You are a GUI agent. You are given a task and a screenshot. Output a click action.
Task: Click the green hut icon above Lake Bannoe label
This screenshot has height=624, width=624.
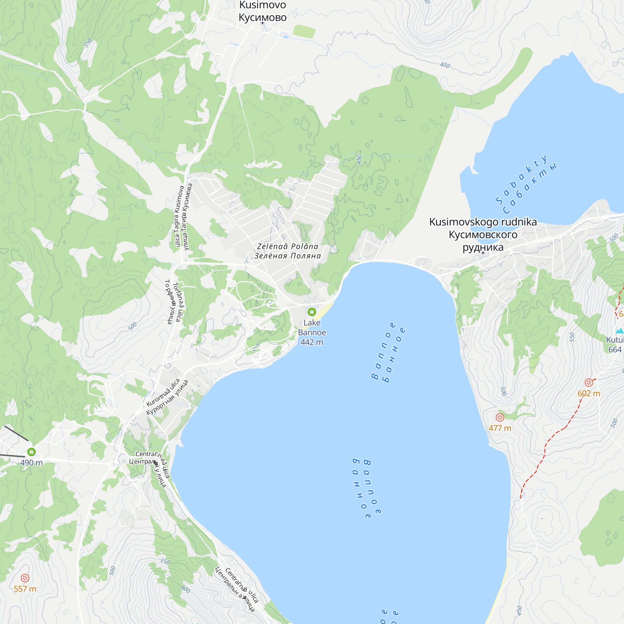312,312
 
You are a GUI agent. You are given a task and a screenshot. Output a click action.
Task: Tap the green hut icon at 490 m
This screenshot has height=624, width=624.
31,452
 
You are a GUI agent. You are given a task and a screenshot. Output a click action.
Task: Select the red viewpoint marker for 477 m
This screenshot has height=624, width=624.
500,417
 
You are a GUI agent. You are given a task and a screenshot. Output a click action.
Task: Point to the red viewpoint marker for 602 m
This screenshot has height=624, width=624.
589,383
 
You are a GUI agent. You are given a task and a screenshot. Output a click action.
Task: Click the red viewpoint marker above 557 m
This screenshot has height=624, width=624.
25,578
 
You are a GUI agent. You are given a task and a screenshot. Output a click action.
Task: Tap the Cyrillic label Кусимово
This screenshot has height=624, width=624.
262,17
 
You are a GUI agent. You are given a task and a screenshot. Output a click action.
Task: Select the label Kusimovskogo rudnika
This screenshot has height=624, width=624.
483,222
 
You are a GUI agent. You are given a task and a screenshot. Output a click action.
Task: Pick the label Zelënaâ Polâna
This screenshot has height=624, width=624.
287,246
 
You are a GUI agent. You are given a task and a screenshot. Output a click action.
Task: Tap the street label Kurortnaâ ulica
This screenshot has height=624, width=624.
163,392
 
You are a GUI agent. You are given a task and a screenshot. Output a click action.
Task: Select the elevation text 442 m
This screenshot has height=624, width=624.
312,342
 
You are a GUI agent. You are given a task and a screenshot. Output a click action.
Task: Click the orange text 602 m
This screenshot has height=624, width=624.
588,393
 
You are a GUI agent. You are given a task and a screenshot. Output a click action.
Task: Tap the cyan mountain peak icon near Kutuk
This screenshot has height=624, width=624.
619,331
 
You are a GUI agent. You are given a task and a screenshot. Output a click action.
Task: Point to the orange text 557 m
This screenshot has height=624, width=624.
25,589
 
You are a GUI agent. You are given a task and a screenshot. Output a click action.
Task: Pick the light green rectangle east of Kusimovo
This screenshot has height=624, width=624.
304,32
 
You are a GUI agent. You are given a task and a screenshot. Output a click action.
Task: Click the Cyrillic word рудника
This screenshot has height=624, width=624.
483,247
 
